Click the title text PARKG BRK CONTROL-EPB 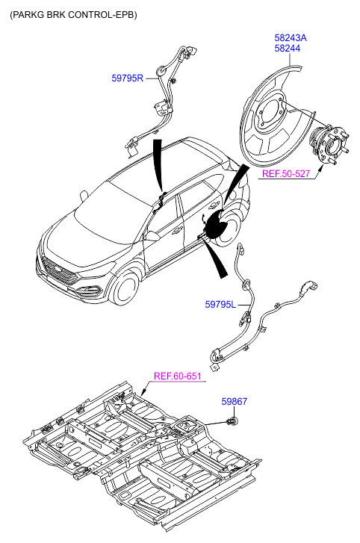[73, 15]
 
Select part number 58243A [291, 38]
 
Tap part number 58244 [288, 48]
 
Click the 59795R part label [128, 78]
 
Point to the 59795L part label [220, 305]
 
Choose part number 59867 [235, 401]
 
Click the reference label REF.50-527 [286, 173]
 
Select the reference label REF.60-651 [177, 376]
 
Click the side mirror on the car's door [152, 236]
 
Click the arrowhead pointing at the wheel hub [322, 168]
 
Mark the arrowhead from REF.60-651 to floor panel [143, 393]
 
